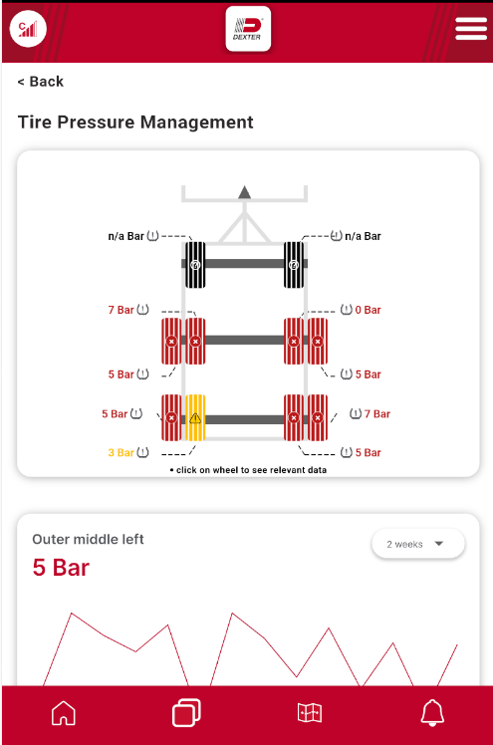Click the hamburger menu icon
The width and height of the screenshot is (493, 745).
(471, 29)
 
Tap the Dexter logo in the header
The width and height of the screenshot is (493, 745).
(248, 29)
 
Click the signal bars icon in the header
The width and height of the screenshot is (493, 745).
(28, 29)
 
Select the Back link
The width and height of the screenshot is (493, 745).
(41, 82)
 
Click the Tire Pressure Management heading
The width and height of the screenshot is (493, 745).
(135, 123)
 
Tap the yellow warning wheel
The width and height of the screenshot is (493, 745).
(195, 417)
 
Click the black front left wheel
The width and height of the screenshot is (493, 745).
(195, 265)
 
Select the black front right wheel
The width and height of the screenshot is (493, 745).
(294, 265)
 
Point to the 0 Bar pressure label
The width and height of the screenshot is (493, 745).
(368, 310)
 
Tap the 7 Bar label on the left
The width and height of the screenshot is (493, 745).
(121, 310)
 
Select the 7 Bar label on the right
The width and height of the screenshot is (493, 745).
(377, 414)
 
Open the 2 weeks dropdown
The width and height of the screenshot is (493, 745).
(418, 544)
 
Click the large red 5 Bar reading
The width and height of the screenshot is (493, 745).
(61, 568)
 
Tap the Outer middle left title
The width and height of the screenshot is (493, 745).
(88, 539)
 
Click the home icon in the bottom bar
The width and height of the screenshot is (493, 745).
(64, 713)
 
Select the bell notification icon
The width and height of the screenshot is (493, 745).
(432, 713)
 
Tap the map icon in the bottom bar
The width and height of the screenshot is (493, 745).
(310, 713)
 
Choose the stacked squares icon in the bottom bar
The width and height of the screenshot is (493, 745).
(186, 713)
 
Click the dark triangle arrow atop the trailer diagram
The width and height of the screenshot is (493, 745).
(244, 192)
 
